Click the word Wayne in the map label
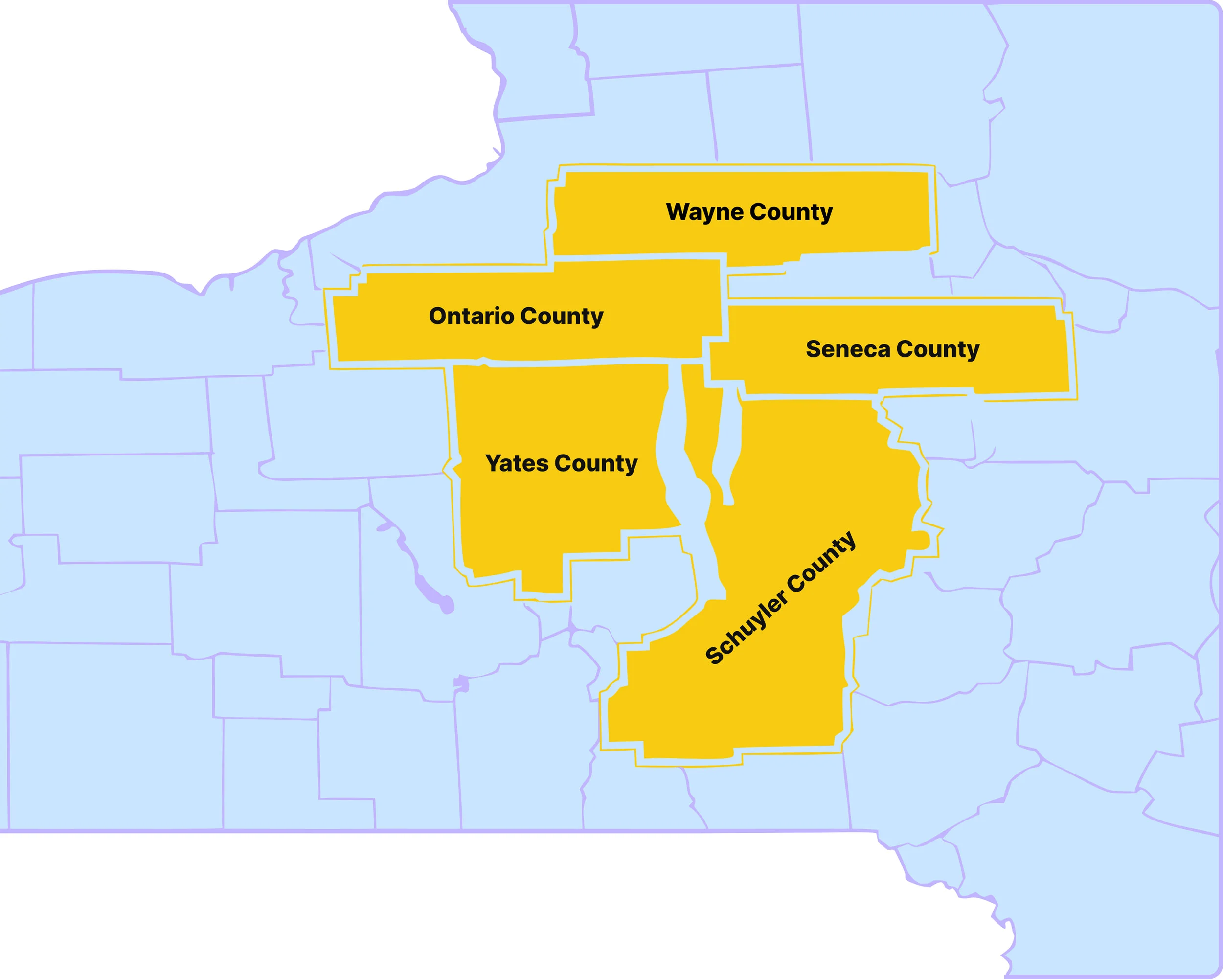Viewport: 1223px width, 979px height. pyautogui.click(x=704, y=213)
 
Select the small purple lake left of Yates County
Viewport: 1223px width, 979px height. pyautogui.click(x=431, y=590)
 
